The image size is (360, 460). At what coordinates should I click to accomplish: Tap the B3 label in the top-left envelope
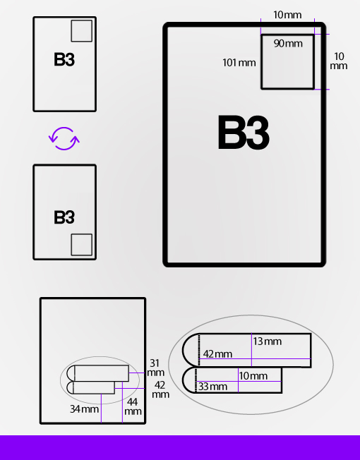click(x=64, y=59)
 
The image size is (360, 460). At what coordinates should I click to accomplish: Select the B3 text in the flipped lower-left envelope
click(x=64, y=217)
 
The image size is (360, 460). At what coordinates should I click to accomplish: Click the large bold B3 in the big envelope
click(x=244, y=133)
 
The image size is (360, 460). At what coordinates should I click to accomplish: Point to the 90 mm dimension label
click(x=288, y=44)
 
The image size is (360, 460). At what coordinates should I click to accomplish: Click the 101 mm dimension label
click(x=239, y=63)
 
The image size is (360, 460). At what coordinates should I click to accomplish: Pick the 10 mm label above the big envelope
click(x=287, y=15)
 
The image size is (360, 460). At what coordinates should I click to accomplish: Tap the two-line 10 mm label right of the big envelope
click(x=339, y=61)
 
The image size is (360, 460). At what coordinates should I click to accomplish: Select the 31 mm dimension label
click(x=155, y=368)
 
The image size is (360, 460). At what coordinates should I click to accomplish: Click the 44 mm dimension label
click(x=133, y=406)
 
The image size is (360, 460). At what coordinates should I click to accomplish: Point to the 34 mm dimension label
click(x=84, y=409)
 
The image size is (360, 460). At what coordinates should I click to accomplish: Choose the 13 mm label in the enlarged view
click(x=268, y=341)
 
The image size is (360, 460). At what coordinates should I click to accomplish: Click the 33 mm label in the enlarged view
click(x=212, y=387)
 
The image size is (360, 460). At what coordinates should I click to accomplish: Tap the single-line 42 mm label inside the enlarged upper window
click(x=217, y=354)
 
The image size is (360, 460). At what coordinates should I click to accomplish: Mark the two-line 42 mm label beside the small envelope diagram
click(x=160, y=389)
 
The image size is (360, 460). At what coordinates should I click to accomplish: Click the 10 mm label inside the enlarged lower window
click(x=253, y=376)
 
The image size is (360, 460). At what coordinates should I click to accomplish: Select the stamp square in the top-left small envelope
click(x=82, y=31)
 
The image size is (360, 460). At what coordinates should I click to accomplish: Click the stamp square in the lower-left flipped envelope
click(x=82, y=245)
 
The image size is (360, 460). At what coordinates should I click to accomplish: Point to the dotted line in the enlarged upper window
click(x=199, y=350)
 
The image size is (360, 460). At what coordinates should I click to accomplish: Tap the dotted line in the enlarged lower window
click(x=196, y=380)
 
